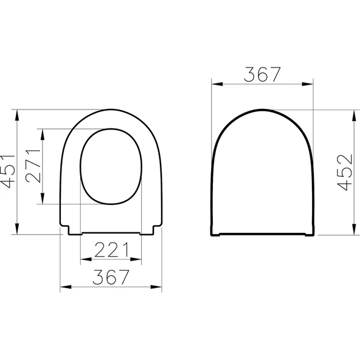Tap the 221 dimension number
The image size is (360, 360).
click(x=111, y=249)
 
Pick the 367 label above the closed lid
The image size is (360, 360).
click(x=263, y=74)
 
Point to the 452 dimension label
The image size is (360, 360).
click(x=345, y=172)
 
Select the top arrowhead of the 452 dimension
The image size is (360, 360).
click(x=353, y=114)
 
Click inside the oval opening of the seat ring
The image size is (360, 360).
click(x=111, y=166)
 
